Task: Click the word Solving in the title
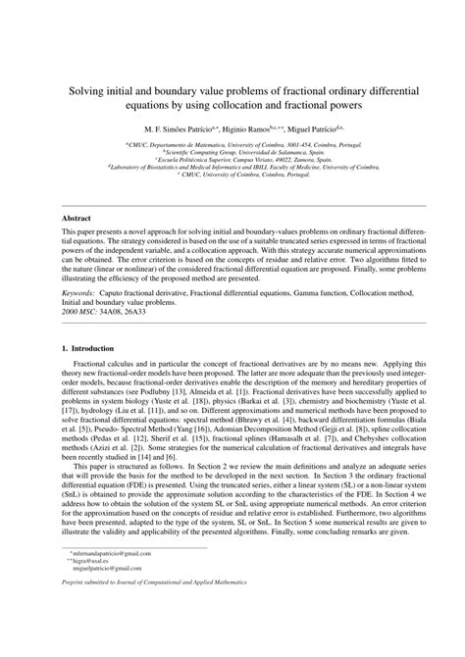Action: [x=84, y=87]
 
